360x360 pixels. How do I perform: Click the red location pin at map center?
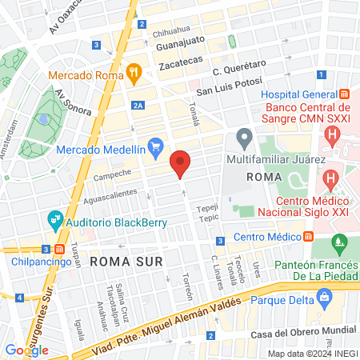point(181,164)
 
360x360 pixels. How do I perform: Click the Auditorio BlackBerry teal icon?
point(55,217)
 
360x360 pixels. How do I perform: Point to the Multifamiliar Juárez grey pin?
point(245,139)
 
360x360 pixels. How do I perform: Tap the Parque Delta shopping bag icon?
point(324,301)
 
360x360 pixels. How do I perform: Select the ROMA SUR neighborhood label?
point(126,262)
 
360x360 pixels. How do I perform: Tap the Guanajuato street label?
point(181,38)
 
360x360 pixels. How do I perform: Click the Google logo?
point(26,350)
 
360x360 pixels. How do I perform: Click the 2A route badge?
point(138,105)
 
